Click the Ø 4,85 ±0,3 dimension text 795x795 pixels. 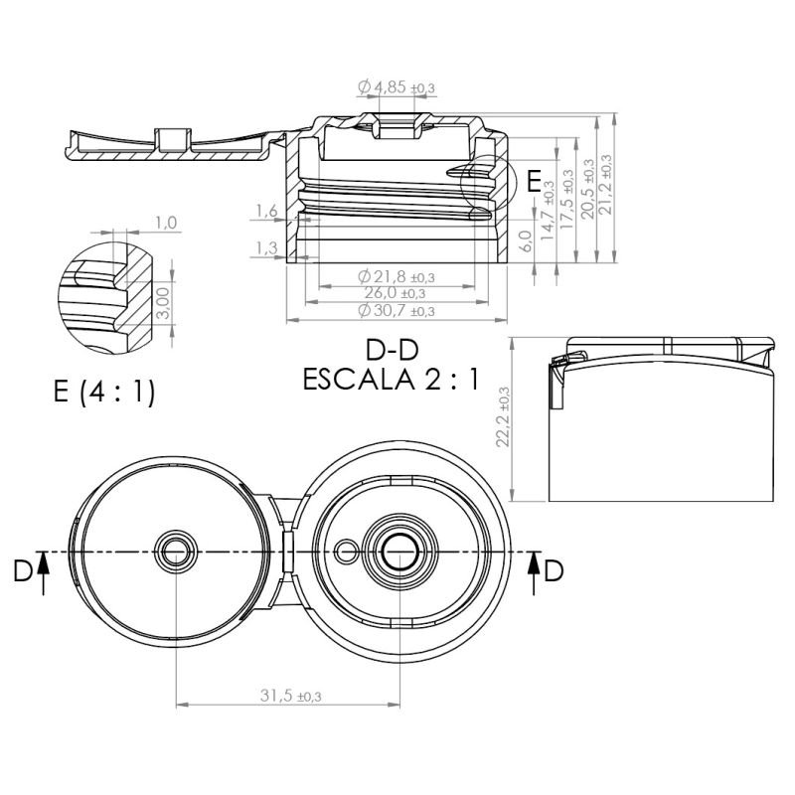(x=396, y=87)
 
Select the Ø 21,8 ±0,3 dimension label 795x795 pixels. (x=396, y=277)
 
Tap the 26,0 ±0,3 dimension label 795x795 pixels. (x=395, y=293)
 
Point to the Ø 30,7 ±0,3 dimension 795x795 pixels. (x=396, y=310)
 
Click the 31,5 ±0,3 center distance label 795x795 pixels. (x=290, y=697)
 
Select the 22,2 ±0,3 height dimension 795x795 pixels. (x=503, y=416)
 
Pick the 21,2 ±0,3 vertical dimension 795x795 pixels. (x=605, y=184)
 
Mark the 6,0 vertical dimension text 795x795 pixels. (x=527, y=240)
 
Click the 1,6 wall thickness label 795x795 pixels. (x=266, y=211)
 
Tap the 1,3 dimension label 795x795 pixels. (x=266, y=247)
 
